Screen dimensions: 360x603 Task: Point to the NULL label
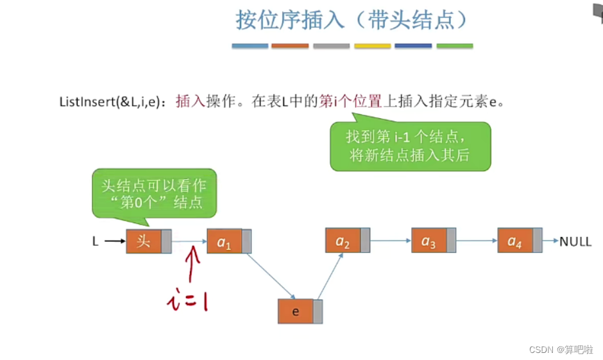click(x=575, y=242)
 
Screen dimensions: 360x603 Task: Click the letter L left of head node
click(x=96, y=242)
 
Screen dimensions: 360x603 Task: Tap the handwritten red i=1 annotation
click(x=186, y=300)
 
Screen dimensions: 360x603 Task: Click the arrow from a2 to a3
click(x=391, y=241)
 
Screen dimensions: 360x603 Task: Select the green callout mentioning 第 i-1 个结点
click(x=410, y=146)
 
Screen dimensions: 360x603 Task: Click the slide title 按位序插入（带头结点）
click(x=352, y=21)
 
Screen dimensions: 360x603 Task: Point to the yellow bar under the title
click(x=372, y=46)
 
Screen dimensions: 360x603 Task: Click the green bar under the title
click(x=454, y=46)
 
